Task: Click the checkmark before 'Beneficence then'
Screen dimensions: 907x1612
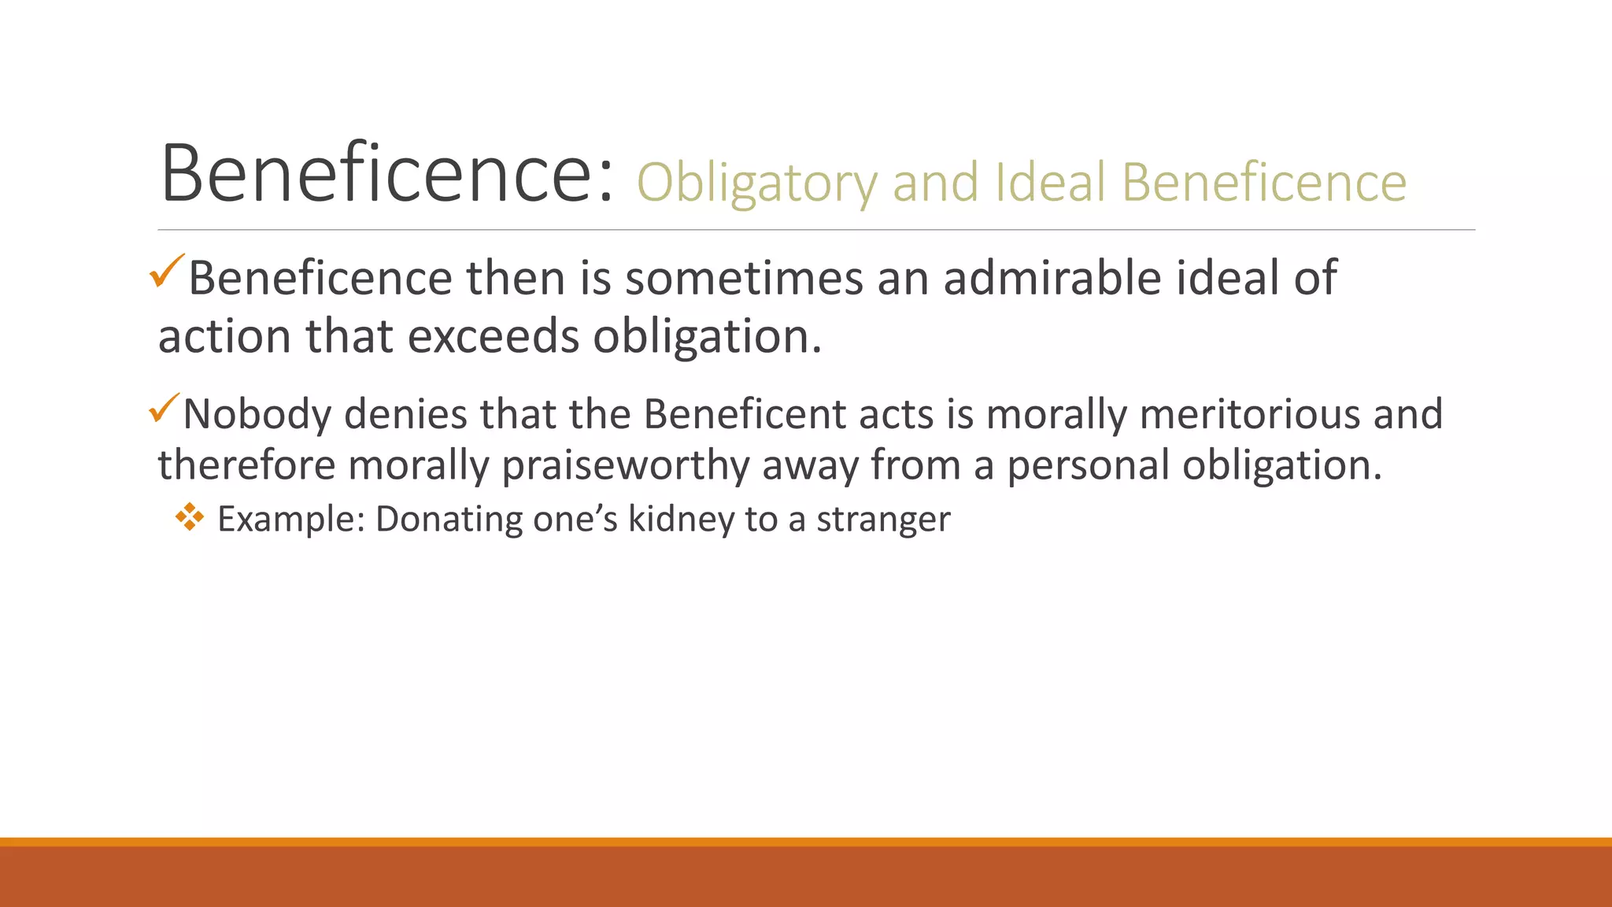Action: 167,271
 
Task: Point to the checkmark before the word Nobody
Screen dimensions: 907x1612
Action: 165,409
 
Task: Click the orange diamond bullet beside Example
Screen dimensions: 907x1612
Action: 190,517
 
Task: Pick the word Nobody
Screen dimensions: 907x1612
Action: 257,414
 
